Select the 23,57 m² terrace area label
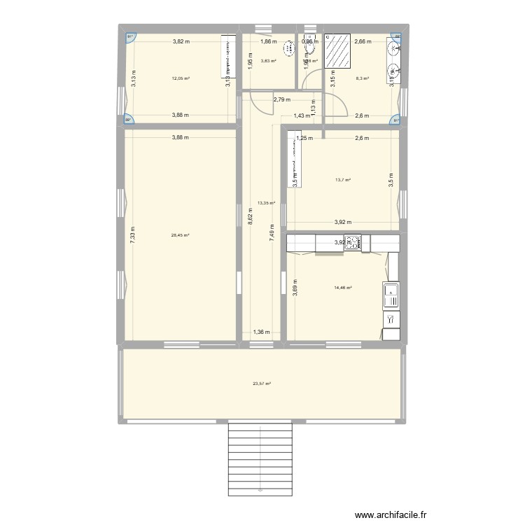coord(262,383)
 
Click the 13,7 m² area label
coord(342,180)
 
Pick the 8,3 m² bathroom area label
coord(362,79)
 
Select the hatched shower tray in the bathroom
coord(339,53)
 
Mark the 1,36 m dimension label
coord(261,333)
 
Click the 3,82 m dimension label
coord(181,41)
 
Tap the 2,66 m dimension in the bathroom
coord(363,41)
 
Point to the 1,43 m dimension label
coord(301,115)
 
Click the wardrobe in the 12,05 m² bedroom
coord(228,57)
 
